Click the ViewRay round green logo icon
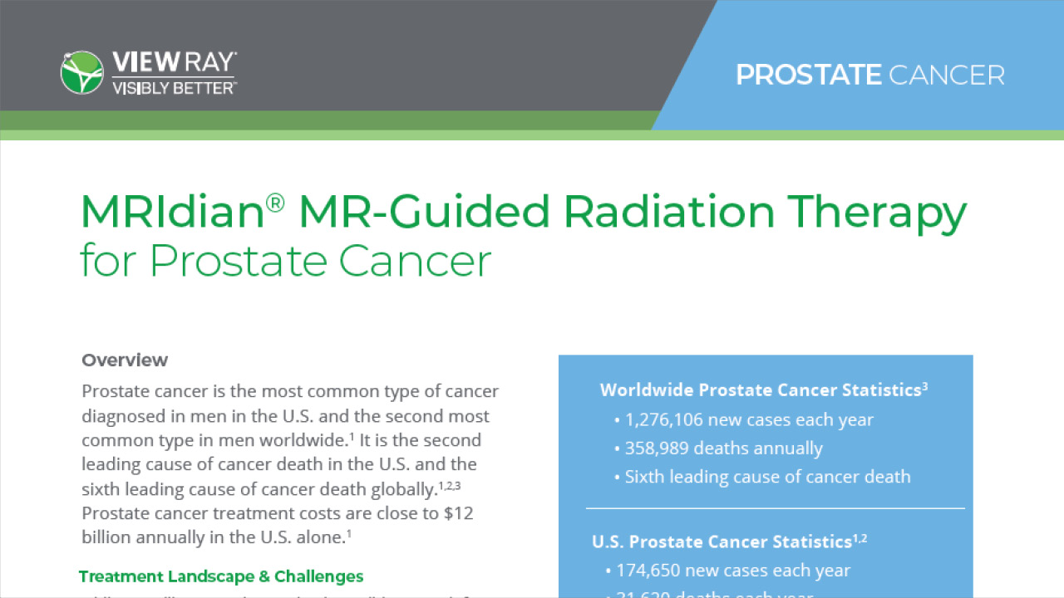tap(81, 72)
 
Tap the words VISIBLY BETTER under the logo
tap(173, 86)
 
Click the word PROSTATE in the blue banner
tap(808, 76)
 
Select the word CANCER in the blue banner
tap(946, 76)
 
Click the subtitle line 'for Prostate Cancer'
tap(286, 260)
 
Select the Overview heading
tap(125, 360)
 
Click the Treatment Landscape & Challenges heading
tap(221, 576)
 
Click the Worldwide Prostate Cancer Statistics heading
tap(763, 390)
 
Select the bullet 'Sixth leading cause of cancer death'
tap(767, 477)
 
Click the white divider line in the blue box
tap(775, 507)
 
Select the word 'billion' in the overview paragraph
tap(108, 537)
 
